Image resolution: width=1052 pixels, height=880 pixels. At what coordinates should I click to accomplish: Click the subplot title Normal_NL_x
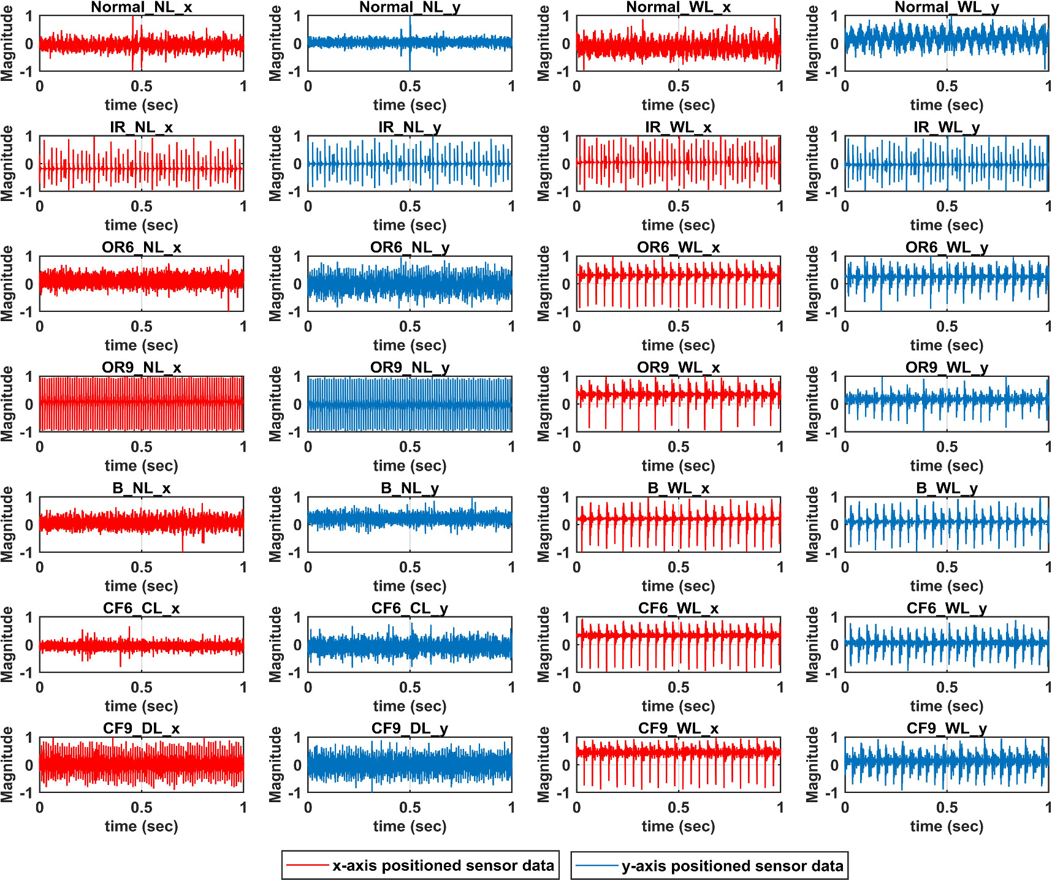pos(141,7)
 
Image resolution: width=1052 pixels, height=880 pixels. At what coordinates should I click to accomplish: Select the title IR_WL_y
pos(947,127)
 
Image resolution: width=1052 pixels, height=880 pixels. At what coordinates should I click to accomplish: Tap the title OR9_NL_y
pos(410,368)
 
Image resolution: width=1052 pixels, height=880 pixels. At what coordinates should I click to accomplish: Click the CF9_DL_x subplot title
pos(141,729)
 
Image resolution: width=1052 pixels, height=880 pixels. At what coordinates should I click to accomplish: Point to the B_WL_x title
pos(678,488)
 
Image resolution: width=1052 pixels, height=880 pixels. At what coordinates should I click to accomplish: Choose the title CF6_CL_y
pos(410,609)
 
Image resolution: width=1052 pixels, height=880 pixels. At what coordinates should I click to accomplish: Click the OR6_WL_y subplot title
pos(947,248)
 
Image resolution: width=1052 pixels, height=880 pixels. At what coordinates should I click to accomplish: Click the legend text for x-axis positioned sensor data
pos(443,866)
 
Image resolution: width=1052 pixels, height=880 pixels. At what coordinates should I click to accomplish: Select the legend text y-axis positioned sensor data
pos(732,866)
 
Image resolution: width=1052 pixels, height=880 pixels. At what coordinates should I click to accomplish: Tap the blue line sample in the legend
pos(597,866)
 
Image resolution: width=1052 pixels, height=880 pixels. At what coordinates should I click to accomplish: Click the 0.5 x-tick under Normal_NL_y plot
pos(410,86)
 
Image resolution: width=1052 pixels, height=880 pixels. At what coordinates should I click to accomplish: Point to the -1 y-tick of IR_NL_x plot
pos(26,192)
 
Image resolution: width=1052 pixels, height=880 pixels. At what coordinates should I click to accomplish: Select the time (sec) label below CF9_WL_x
pos(678,826)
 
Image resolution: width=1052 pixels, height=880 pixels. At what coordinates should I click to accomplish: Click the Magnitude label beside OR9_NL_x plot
pos(7,404)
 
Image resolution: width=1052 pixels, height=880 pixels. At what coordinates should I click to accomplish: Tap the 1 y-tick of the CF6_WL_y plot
pos(834,617)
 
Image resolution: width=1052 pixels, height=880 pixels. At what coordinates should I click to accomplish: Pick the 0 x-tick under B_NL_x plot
pos(40,567)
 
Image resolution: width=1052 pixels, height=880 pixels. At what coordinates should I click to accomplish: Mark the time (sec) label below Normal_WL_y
pos(947,105)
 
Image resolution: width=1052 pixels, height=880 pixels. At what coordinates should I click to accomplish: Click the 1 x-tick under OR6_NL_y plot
pos(511,327)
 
